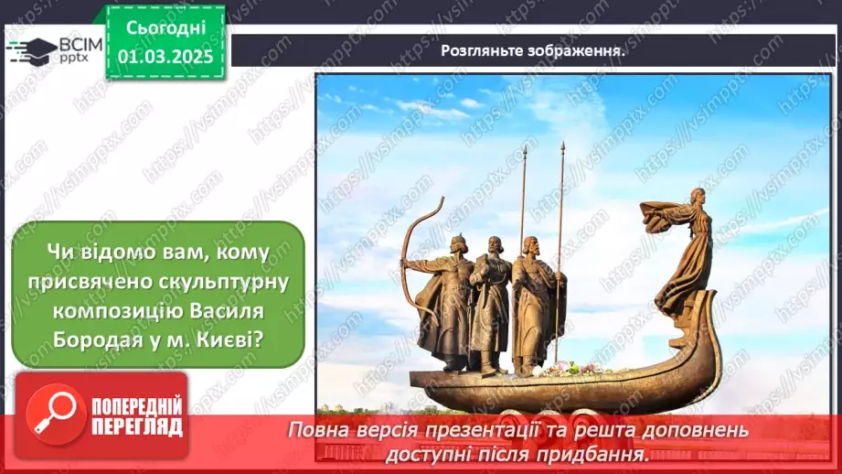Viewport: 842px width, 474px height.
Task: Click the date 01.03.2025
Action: [x=165, y=56]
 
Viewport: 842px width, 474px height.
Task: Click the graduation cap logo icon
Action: [x=30, y=48]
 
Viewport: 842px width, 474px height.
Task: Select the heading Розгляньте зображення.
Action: [x=533, y=51]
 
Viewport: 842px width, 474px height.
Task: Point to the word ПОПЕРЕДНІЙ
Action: [x=135, y=406]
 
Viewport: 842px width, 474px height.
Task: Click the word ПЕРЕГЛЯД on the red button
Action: [x=135, y=427]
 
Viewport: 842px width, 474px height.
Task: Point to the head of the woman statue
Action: [x=698, y=195]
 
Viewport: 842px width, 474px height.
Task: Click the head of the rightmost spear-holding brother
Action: [x=529, y=244]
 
